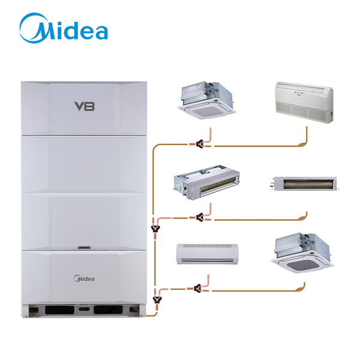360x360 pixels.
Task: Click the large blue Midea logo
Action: (64, 28)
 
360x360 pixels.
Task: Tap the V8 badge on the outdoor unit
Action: (85, 106)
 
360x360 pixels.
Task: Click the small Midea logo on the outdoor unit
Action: (84, 278)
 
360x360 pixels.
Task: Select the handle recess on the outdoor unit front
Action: (84, 247)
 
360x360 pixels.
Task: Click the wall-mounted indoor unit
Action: (207, 254)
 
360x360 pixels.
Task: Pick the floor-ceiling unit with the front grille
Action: (304, 103)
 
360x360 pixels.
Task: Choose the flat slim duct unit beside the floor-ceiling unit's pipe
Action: (305, 184)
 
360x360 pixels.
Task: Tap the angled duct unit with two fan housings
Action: (206, 182)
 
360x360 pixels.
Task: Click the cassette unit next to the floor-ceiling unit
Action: (207, 100)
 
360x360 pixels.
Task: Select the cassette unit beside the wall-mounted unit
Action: (302, 253)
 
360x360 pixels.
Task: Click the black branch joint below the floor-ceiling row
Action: (200, 144)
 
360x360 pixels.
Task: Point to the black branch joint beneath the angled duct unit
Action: (200, 217)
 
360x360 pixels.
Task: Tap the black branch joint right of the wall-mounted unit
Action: (197, 288)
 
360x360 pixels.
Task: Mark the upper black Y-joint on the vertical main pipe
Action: (155, 229)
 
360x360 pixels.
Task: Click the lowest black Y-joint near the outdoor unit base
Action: (157, 299)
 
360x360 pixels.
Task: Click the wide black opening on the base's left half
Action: (59, 310)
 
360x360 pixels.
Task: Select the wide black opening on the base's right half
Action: (108, 310)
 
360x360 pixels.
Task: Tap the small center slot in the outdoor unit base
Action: (84, 309)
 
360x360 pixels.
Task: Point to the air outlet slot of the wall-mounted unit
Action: (208, 260)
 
